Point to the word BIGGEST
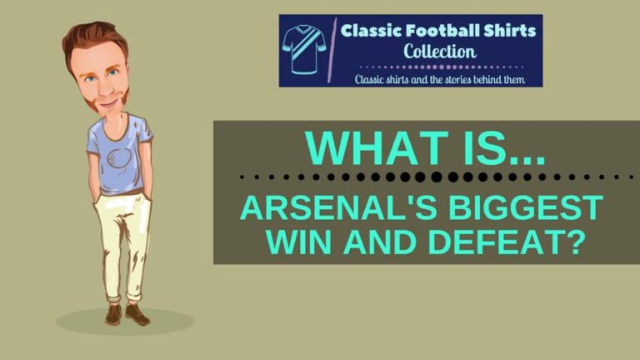(512, 207)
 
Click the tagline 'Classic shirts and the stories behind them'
(439, 78)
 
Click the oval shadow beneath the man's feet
(125, 322)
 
